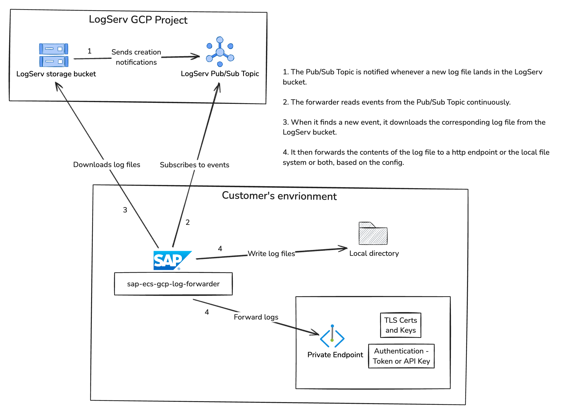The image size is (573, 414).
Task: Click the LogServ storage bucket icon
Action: pos(54,55)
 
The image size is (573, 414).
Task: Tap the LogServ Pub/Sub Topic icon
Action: pos(220,52)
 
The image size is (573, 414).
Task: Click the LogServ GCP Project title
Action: pos(138,20)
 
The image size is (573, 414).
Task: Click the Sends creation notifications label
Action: pos(136,57)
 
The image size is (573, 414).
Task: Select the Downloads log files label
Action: pos(107,165)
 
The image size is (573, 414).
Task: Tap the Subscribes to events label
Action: pos(195,165)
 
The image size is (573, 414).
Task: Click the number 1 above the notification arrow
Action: pos(89,51)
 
